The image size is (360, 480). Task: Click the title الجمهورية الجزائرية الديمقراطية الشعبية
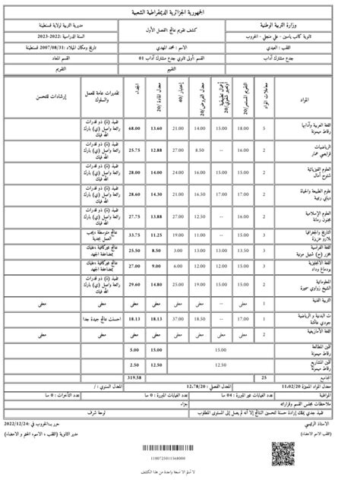pos(180,12)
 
